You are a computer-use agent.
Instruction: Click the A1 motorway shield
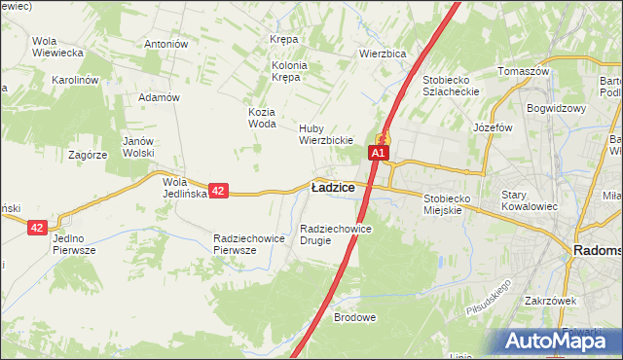[x=379, y=153]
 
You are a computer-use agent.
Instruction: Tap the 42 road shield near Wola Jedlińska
[x=218, y=192]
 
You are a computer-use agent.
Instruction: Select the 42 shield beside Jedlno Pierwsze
[x=37, y=227]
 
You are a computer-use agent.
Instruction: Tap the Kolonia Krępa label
[x=289, y=71]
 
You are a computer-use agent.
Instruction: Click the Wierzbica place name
[x=382, y=54]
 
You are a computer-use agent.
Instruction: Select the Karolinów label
[x=77, y=80]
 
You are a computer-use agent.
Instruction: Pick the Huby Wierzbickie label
[x=325, y=134]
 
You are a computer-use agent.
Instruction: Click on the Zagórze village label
[x=87, y=155]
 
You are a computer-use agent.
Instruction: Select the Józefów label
[x=492, y=127]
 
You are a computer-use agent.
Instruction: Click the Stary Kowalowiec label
[x=527, y=200]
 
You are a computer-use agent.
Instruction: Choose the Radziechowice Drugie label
[x=336, y=234]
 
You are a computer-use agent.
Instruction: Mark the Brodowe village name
[x=354, y=318]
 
